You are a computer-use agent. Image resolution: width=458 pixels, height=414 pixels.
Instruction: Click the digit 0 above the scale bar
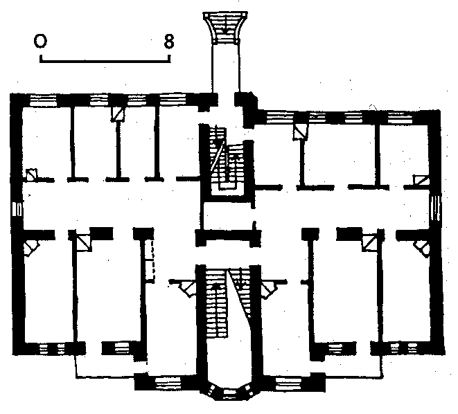[41, 42]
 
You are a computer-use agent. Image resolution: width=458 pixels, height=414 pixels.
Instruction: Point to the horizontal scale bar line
[105, 61]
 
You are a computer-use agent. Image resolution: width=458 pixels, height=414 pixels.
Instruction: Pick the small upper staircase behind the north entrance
[227, 161]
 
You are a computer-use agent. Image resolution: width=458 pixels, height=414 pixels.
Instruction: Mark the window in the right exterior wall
[437, 208]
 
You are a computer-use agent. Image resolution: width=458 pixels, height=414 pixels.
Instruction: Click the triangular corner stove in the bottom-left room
[30, 246]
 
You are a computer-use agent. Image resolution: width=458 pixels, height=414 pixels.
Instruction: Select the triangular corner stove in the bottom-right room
[421, 246]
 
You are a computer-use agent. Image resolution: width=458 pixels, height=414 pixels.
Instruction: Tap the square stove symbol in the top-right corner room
[421, 180]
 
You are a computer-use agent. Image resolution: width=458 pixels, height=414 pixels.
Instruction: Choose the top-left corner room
[45, 138]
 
